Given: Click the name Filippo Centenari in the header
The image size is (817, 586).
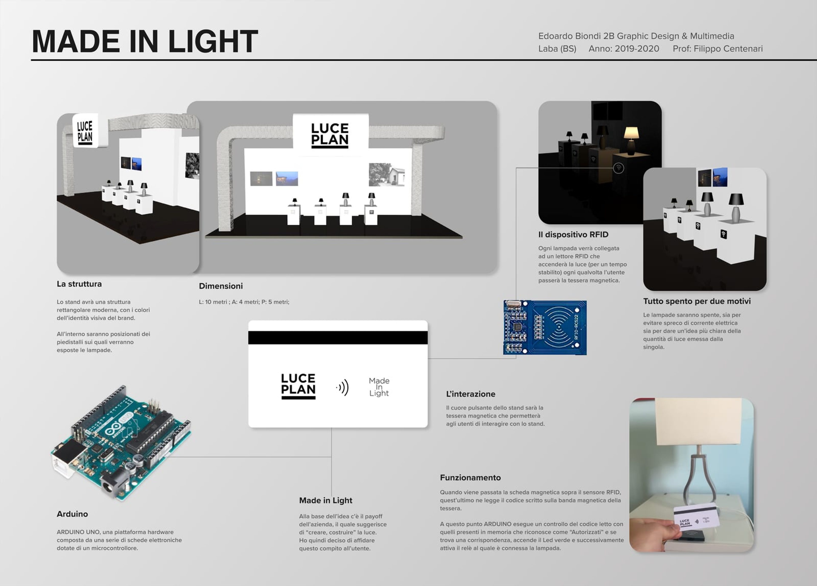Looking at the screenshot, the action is (x=728, y=49).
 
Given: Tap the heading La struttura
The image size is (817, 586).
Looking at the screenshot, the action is (x=79, y=284).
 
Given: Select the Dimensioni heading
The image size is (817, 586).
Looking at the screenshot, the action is (x=221, y=286).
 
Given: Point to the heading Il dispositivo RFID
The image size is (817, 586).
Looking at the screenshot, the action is (x=573, y=235).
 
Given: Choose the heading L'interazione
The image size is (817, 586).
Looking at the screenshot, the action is (x=470, y=394).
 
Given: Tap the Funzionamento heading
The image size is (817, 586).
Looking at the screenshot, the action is (x=470, y=477).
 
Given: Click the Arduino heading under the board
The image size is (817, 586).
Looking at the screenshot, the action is (x=72, y=514).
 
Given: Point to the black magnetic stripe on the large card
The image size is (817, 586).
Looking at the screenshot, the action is (x=338, y=338).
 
